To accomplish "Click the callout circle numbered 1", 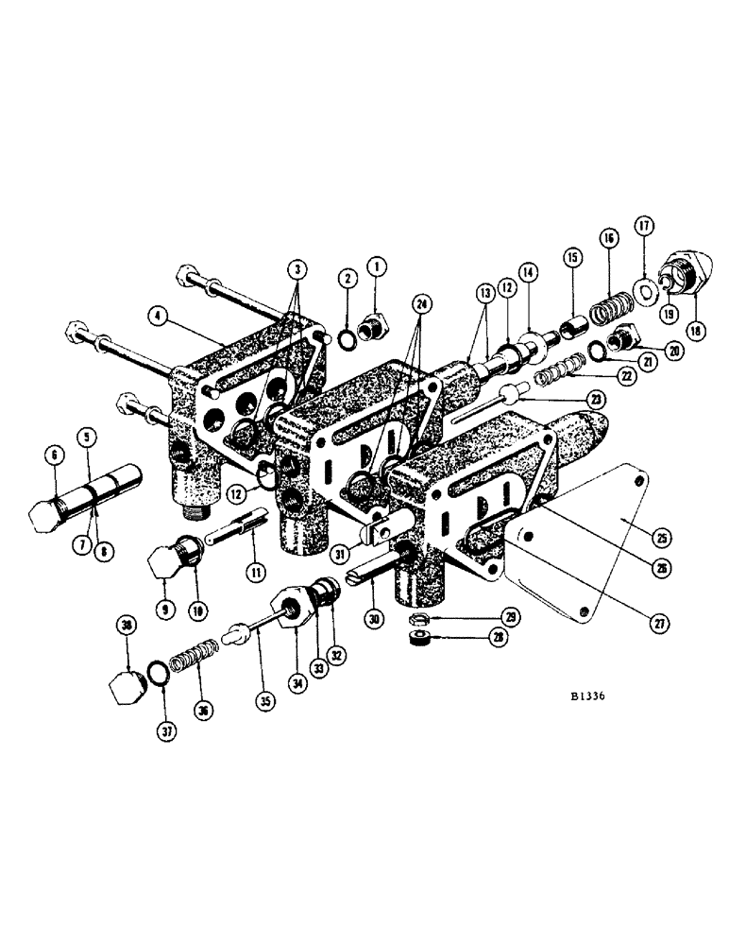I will [378, 267].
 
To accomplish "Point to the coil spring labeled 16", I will [606, 308].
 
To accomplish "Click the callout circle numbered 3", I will [299, 267].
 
